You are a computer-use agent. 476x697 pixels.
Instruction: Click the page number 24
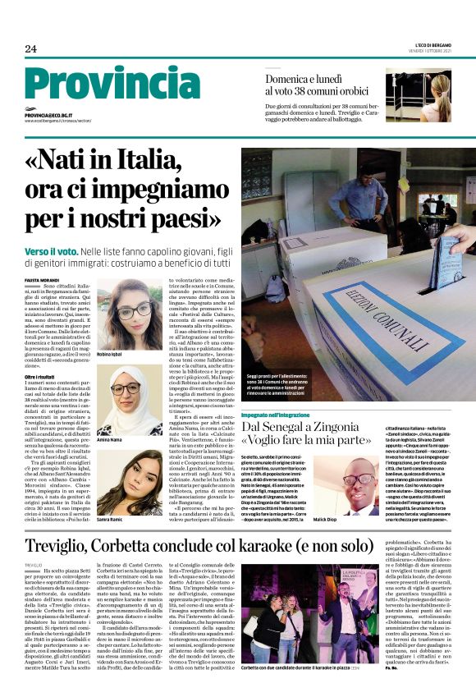tap(30, 49)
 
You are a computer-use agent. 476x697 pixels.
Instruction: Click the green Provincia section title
tap(108, 83)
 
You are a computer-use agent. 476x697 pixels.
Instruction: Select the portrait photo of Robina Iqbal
tap(132, 312)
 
